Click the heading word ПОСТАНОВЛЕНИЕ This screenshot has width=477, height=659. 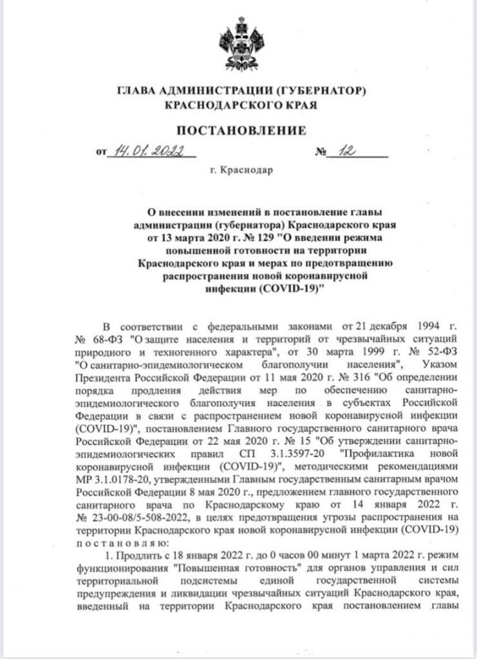pos(241,131)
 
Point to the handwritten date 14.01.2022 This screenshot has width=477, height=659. pos(147,152)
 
